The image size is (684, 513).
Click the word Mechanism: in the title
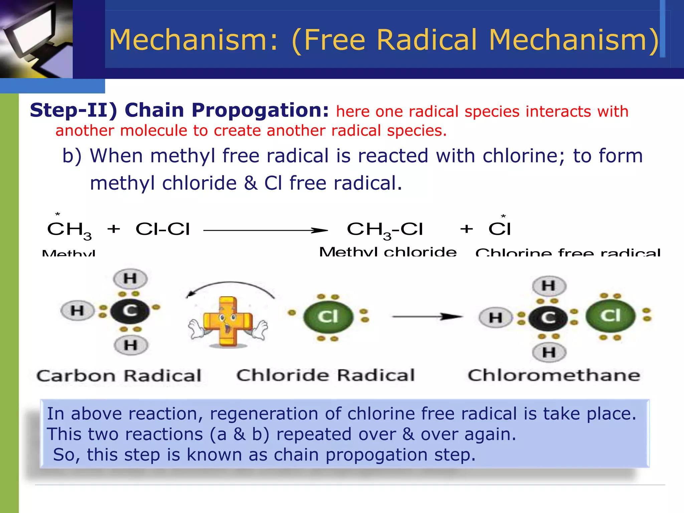tap(193, 40)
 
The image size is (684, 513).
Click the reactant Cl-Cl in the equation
tap(163, 229)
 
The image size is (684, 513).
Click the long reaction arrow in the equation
tap(266, 230)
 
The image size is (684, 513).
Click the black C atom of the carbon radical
tap(130, 311)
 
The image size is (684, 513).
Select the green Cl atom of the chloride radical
tap(328, 316)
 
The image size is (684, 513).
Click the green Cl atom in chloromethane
tap(610, 316)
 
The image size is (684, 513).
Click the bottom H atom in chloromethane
tap(549, 352)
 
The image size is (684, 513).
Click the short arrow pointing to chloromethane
tap(427, 316)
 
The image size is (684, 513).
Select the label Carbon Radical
tap(119, 376)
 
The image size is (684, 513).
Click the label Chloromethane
tap(554, 375)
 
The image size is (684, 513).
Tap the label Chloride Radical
tap(326, 375)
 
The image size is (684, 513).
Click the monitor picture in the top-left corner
tap(36, 38)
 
